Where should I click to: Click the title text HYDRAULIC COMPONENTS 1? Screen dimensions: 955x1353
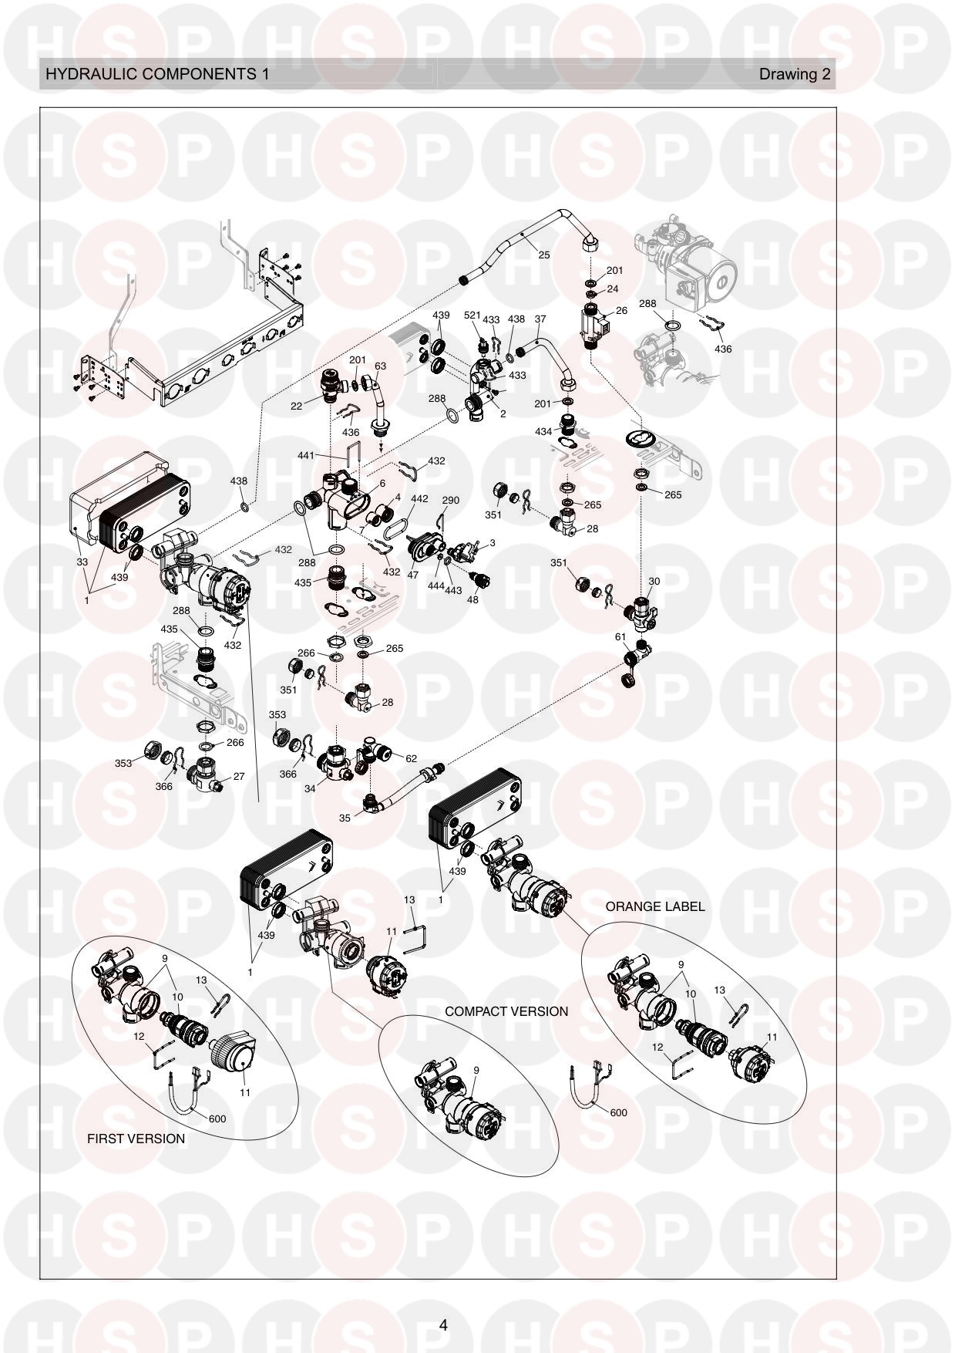click(x=157, y=74)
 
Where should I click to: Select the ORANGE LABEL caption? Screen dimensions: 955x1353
click(x=655, y=906)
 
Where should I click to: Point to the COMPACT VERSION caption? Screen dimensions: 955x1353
click(x=506, y=1011)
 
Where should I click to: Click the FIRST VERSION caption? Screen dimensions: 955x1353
click(x=136, y=1139)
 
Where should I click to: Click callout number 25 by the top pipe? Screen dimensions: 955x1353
click(x=544, y=255)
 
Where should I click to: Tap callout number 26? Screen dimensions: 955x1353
click(x=621, y=312)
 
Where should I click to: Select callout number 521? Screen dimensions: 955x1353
click(x=472, y=315)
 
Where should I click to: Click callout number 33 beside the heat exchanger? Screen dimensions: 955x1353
click(x=82, y=562)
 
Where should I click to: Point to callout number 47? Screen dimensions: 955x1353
click(x=412, y=575)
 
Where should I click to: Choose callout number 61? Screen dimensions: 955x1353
click(x=620, y=636)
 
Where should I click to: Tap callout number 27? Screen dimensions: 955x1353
click(x=239, y=777)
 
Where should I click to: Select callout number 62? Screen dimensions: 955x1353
click(x=411, y=758)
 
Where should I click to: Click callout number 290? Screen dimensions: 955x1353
click(x=450, y=500)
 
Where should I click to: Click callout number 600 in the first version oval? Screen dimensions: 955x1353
click(x=217, y=1119)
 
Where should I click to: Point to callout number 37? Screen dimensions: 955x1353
click(x=540, y=319)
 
